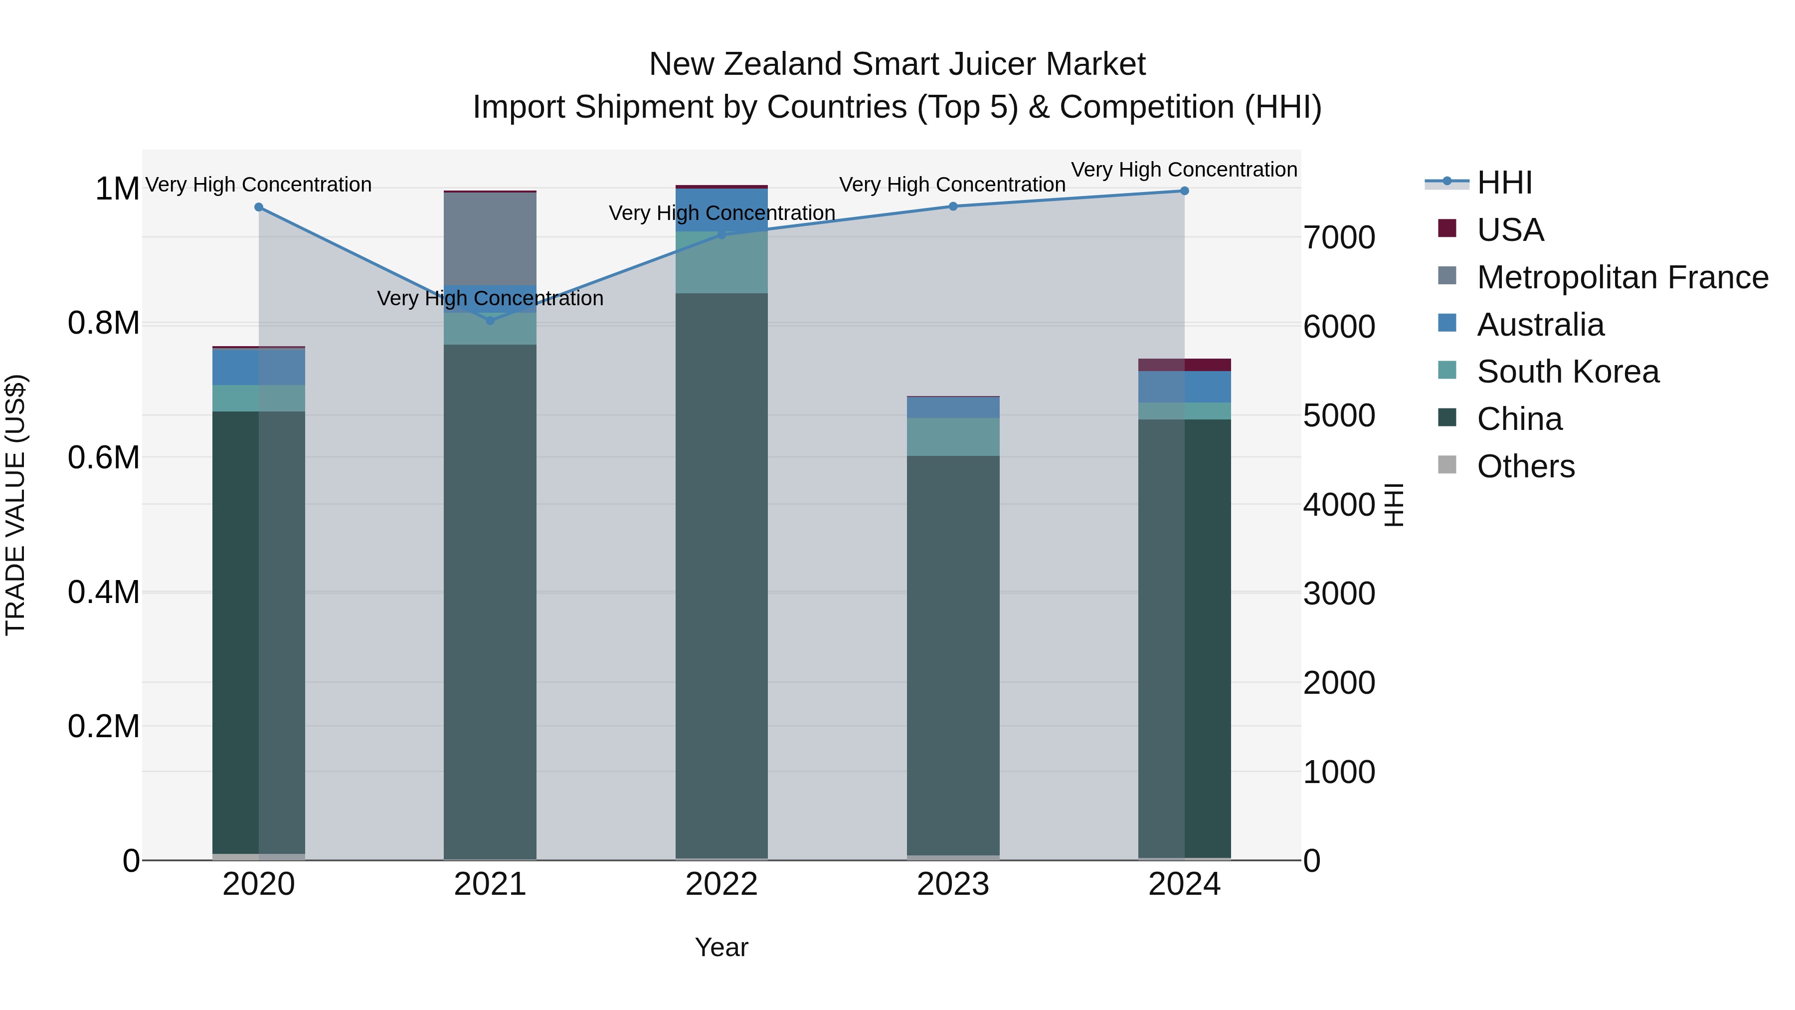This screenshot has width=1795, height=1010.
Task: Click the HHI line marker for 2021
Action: point(490,321)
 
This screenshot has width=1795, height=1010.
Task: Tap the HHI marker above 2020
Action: point(258,207)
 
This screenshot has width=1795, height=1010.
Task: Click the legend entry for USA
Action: point(1510,230)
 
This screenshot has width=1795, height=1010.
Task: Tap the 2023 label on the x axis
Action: point(952,884)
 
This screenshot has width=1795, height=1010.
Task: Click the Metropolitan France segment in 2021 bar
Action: point(490,238)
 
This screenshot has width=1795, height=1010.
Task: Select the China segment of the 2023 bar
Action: point(952,655)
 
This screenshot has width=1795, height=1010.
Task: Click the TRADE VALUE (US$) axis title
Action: point(16,505)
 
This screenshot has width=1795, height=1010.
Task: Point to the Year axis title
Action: point(721,947)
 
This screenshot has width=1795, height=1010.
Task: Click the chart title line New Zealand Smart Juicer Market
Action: point(897,64)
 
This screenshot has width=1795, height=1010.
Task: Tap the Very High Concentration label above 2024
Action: point(1184,170)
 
